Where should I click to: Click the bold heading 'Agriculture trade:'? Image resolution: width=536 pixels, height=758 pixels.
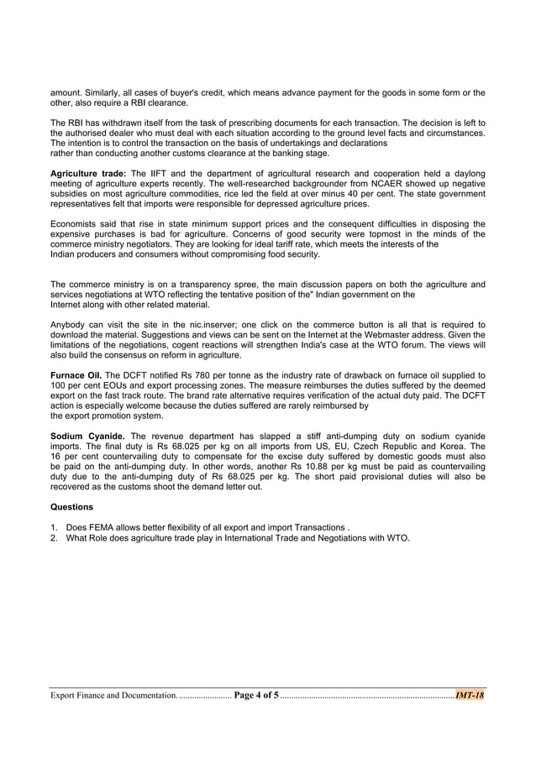coord(88,173)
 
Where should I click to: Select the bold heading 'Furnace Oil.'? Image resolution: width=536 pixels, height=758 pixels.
coord(76,374)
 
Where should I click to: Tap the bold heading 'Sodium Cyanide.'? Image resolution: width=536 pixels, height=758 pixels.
coord(88,437)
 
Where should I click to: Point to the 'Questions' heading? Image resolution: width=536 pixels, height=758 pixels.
coord(72,507)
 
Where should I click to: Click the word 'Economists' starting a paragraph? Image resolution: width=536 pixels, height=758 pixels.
coord(74,223)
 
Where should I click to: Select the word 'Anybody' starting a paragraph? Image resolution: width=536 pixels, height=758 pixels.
coord(69,324)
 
